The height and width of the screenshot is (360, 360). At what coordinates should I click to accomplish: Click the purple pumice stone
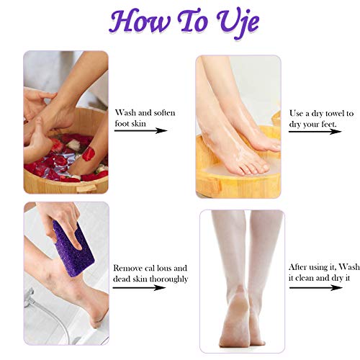(x=70, y=247)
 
